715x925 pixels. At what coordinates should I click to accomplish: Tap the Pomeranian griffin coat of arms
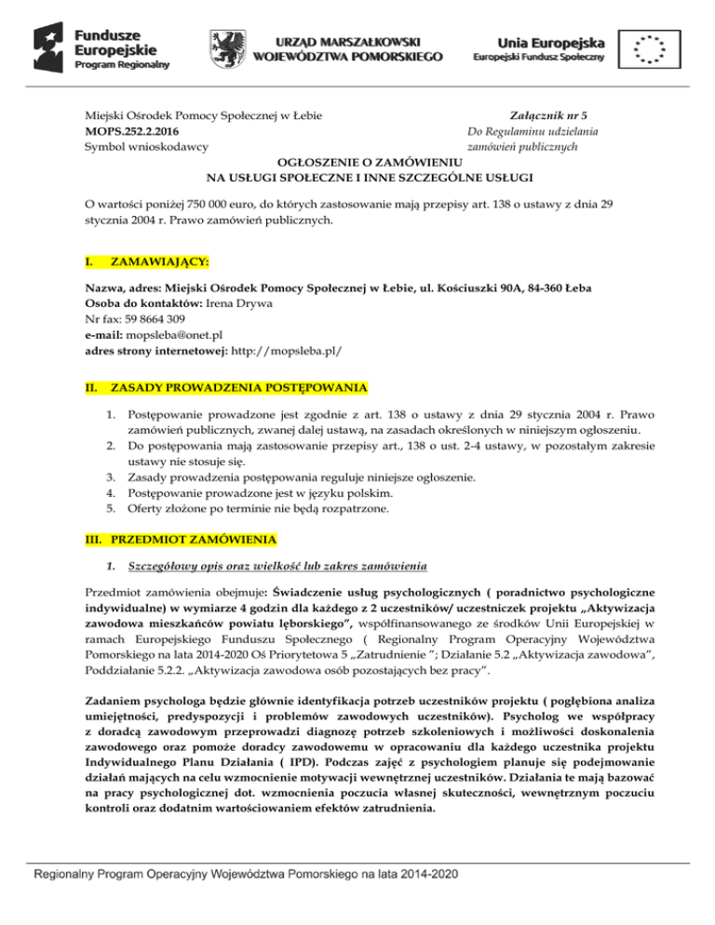coord(229,46)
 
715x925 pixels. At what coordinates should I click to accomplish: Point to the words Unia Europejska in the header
coord(550,40)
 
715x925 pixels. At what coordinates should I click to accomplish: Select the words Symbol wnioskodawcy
coord(146,146)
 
